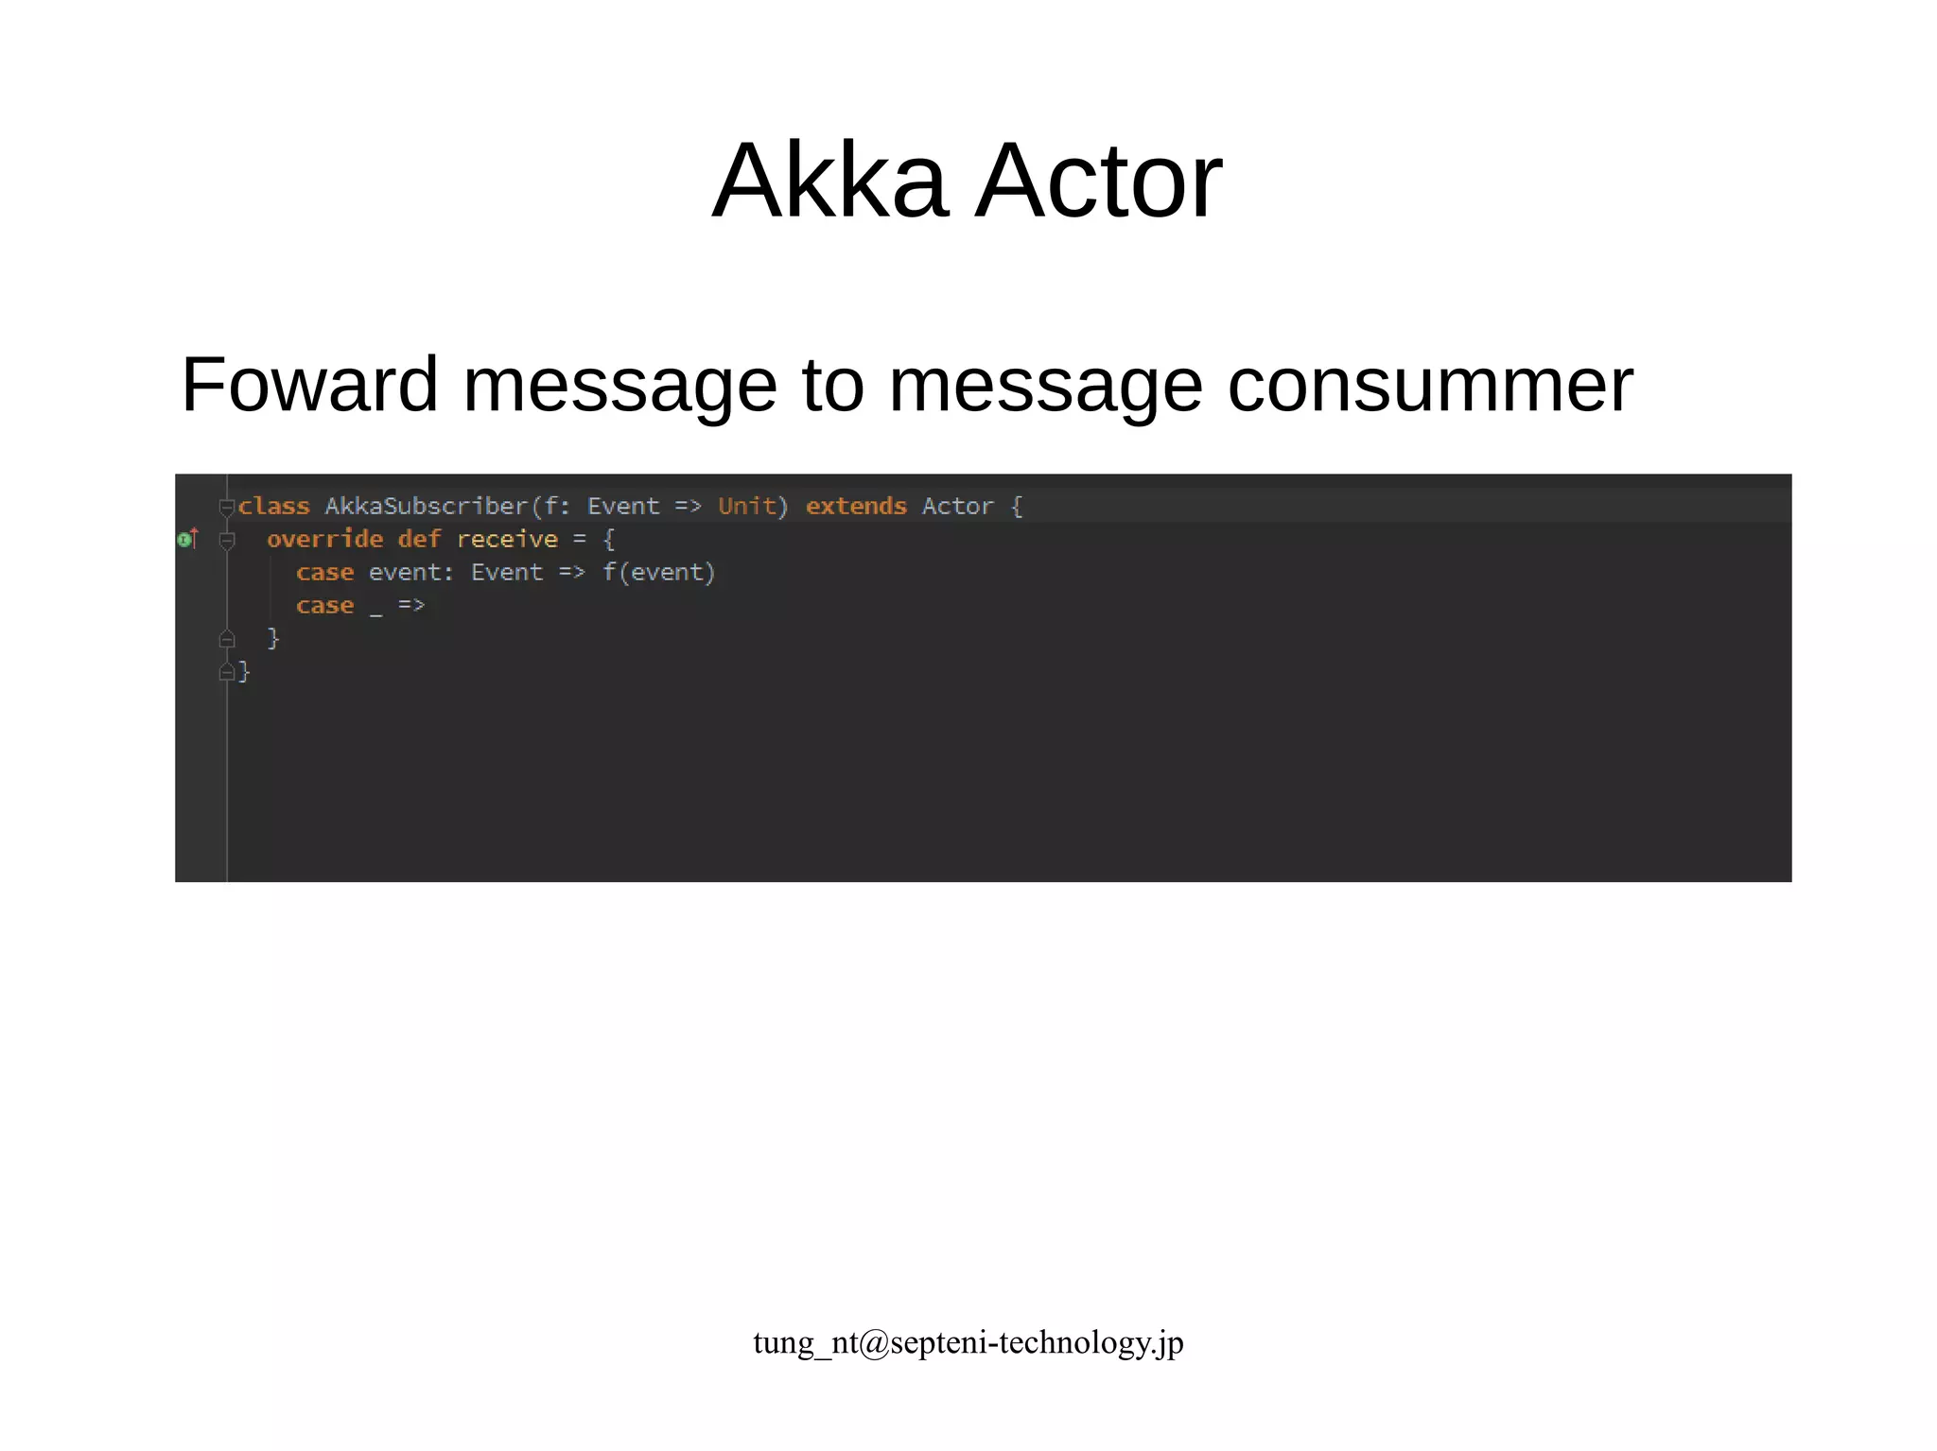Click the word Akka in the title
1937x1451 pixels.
click(x=829, y=181)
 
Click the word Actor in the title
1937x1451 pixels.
click(x=1098, y=181)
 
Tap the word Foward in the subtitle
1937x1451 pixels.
click(x=309, y=385)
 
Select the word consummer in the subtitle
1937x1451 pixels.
click(x=1429, y=385)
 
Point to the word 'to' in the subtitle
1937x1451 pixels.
click(x=832, y=385)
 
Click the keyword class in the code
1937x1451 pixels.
click(x=273, y=507)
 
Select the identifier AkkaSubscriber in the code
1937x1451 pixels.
click(x=426, y=507)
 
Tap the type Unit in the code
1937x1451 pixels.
click(x=746, y=507)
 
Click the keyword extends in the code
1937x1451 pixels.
click(x=856, y=507)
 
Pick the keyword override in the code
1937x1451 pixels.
click(x=324, y=540)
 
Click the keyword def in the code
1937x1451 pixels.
click(x=419, y=540)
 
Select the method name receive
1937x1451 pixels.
click(x=507, y=540)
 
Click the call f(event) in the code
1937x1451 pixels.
click(x=658, y=573)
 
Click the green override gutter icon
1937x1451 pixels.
click(x=185, y=540)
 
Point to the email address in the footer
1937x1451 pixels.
click(x=968, y=1342)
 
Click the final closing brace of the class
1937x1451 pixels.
click(x=244, y=671)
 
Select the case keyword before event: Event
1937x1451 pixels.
click(x=324, y=573)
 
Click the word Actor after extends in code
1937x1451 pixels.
click(x=957, y=507)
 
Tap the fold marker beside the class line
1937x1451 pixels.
click(x=226, y=508)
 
